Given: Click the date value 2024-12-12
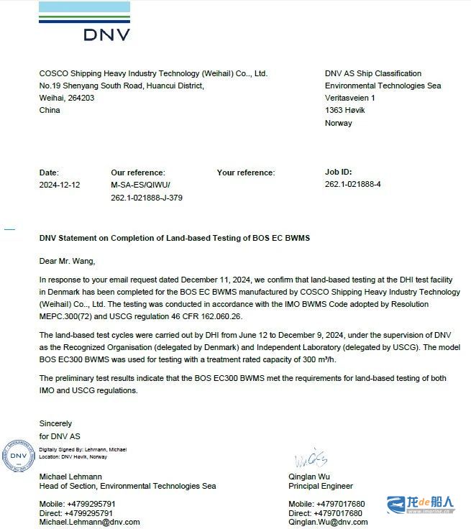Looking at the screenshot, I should pos(60,185).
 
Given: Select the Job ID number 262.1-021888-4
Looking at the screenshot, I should pos(352,185).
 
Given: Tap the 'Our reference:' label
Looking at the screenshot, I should pos(137,172).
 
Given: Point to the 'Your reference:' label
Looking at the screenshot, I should pos(245,172).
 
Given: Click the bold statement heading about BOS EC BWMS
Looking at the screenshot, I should pos(174,238).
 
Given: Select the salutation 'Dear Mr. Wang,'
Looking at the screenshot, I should pos(67,261).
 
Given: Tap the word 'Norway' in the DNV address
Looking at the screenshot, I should pos(339,123).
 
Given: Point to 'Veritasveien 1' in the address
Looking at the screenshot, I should pos(350,98).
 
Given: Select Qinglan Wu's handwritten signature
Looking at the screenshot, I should pos(311,459).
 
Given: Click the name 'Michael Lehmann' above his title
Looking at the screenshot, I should pos(70,477).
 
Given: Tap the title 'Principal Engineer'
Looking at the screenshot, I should pos(321,486).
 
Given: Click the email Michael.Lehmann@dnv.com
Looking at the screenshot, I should pos(90,522).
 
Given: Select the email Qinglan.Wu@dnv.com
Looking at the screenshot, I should pos(328,522).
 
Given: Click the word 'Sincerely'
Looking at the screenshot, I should pos(55,424).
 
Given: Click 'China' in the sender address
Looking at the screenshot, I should pos(50,111).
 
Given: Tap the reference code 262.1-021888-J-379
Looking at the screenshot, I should pos(146,198).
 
